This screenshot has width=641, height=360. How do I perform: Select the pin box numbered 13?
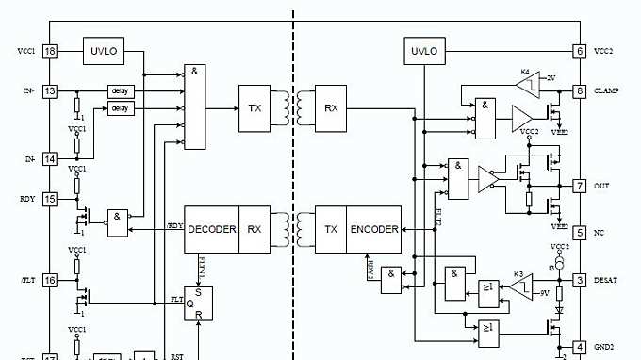(50, 91)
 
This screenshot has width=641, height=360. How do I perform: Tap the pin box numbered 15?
(50, 199)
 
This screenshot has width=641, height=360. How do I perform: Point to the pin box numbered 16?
(50, 280)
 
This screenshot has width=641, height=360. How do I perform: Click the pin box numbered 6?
(580, 50)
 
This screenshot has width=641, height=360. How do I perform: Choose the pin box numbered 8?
(580, 91)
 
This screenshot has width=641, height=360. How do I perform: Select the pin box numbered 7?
(580, 186)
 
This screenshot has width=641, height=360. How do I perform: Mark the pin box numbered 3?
(580, 280)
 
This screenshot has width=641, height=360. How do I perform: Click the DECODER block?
(211, 229)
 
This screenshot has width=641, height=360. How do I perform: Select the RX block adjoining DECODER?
(255, 229)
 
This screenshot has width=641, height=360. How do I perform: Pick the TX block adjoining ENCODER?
(331, 229)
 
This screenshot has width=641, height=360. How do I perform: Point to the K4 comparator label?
(525, 72)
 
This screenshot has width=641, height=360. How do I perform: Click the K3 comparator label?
(518, 274)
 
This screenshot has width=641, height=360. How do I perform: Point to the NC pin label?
(599, 232)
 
